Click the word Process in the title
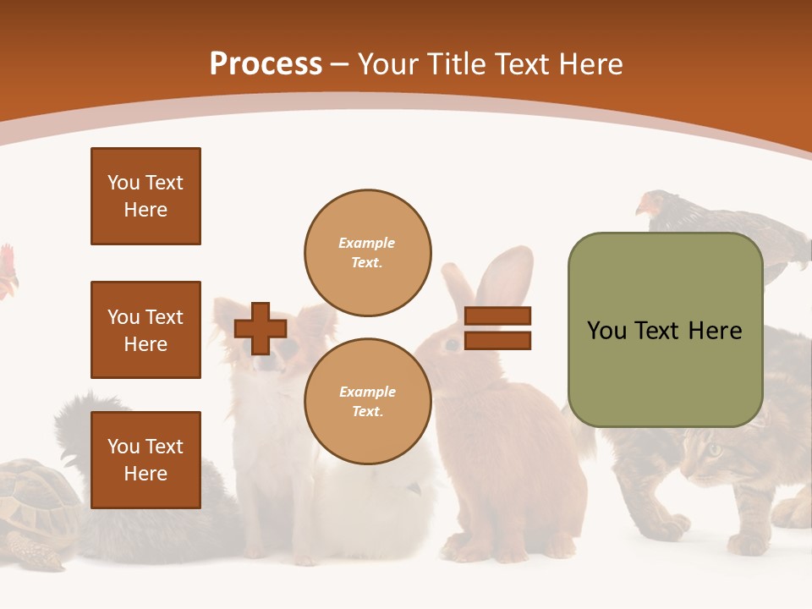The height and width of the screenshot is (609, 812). pos(266,64)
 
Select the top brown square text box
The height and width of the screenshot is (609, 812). pos(145,196)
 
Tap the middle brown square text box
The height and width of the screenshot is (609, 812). pos(145,330)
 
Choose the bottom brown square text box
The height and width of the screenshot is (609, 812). pos(145,460)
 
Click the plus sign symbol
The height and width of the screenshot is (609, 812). pos(261,329)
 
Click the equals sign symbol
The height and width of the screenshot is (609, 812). pos(497,328)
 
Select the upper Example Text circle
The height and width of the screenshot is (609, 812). pos(367,253)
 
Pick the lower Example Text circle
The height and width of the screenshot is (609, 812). pos(367,402)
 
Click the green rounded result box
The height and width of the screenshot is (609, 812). pos(665,330)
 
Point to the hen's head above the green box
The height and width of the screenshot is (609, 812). pos(650,205)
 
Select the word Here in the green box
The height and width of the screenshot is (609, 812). pos(715,331)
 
